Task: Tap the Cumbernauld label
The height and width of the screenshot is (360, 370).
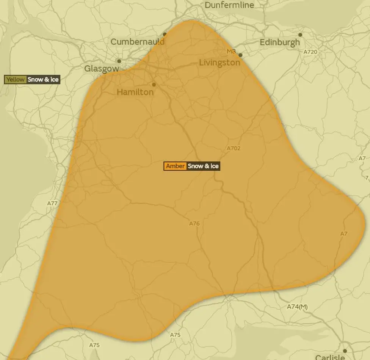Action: (x=137, y=42)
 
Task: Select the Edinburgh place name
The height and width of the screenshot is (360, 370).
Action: (x=279, y=42)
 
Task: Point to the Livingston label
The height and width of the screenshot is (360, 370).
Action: (x=219, y=63)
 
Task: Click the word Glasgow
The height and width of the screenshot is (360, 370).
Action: (x=101, y=69)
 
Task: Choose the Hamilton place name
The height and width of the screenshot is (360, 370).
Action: (x=135, y=92)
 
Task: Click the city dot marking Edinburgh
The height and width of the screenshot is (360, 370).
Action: (x=300, y=35)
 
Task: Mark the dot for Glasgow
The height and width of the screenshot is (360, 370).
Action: (x=119, y=61)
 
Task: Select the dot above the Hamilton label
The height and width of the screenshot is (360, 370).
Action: (x=154, y=85)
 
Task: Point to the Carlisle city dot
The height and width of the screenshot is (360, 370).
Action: (x=345, y=351)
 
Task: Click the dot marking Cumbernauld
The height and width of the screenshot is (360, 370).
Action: (x=165, y=34)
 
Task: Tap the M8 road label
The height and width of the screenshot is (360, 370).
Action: (x=231, y=51)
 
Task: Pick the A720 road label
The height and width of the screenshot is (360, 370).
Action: (x=310, y=52)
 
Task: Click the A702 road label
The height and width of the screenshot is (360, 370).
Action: (x=234, y=148)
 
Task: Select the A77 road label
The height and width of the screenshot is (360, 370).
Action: (x=52, y=203)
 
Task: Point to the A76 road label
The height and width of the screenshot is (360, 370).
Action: (x=194, y=224)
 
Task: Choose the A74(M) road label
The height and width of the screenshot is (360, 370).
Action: (x=297, y=307)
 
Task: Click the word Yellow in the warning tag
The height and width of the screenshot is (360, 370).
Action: (x=16, y=80)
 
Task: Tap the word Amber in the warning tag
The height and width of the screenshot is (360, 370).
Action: (x=175, y=166)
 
